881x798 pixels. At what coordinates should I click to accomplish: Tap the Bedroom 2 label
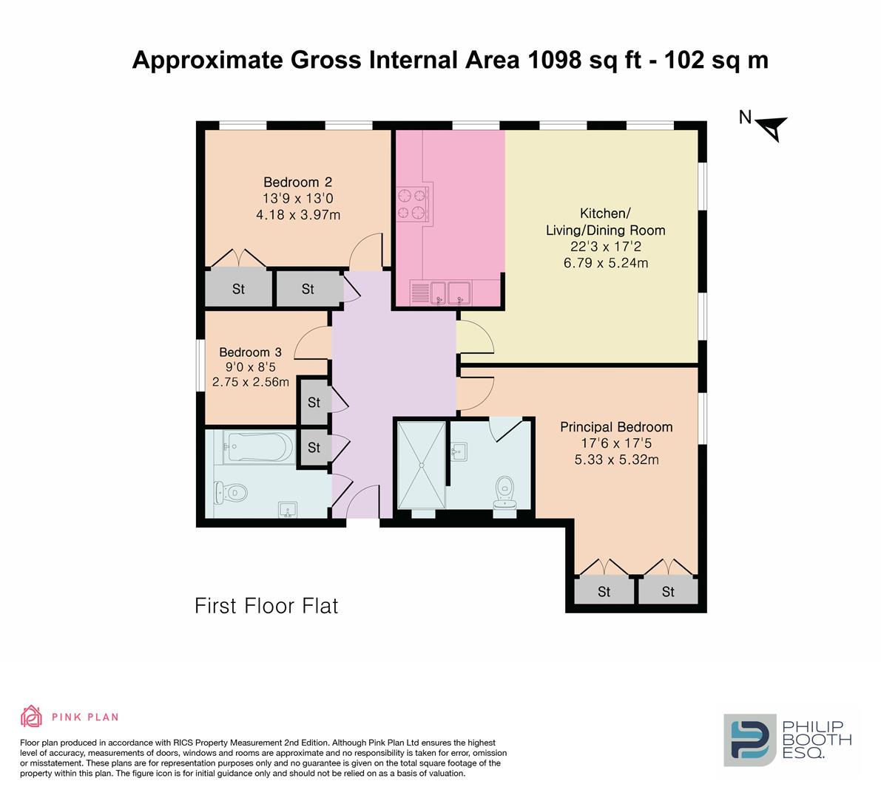(298, 183)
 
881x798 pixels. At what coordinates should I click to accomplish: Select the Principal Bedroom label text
(616, 427)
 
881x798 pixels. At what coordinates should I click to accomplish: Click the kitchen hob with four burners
(412, 204)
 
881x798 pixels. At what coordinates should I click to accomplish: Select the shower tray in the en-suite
(422, 464)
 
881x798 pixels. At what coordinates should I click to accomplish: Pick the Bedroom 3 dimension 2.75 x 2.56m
(251, 382)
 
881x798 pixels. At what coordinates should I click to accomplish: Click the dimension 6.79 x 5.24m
(606, 262)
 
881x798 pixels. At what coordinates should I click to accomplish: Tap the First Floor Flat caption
(266, 606)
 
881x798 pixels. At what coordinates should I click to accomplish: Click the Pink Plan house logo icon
(32, 716)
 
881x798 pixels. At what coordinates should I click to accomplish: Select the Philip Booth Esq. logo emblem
(750, 740)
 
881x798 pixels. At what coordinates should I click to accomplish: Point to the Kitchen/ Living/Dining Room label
(606, 222)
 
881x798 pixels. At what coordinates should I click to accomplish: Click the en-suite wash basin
(459, 451)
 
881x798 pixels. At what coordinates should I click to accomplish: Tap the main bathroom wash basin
(288, 510)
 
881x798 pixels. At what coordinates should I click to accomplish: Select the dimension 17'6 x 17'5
(616, 443)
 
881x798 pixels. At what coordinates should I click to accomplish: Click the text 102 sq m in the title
(716, 60)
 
